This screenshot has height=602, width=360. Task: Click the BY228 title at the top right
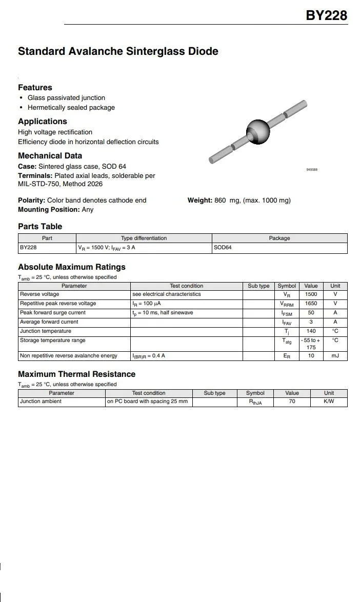(x=326, y=15)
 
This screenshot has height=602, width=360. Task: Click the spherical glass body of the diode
(x=258, y=131)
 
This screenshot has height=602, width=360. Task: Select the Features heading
(x=35, y=88)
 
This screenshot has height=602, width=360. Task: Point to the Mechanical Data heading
(x=50, y=156)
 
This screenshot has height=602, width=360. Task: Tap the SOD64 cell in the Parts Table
(x=223, y=248)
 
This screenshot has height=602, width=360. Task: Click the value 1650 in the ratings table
(x=311, y=304)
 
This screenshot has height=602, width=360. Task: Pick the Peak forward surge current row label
(x=53, y=313)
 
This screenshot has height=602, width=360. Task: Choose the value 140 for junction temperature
(x=311, y=331)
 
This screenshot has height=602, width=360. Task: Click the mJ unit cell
(x=335, y=356)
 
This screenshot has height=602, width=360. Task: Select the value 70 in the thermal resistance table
(x=292, y=402)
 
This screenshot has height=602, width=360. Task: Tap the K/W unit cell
(x=329, y=402)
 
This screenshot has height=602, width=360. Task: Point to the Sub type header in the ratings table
(x=258, y=286)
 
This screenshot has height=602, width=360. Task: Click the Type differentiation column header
(x=144, y=238)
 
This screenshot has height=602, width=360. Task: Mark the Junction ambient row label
(x=41, y=402)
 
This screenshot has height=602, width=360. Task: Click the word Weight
(x=199, y=200)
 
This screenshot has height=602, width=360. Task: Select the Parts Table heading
(x=40, y=227)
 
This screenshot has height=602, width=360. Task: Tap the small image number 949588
(x=312, y=170)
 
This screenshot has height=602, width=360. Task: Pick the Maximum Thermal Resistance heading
(x=76, y=374)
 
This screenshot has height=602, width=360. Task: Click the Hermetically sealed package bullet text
(x=71, y=108)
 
